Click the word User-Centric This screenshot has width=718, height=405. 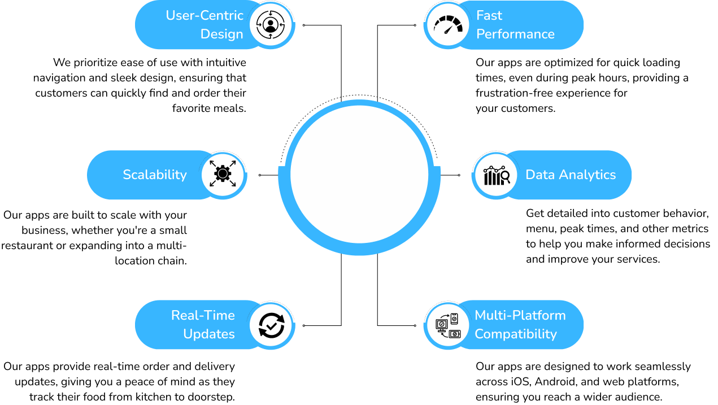(x=204, y=16)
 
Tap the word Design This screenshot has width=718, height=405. (x=221, y=34)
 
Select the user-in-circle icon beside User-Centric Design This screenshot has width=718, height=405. (x=270, y=25)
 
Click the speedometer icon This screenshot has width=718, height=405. (x=447, y=25)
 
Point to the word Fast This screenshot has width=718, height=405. (x=489, y=16)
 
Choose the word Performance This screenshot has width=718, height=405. (x=515, y=34)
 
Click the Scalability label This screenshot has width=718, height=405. (x=155, y=175)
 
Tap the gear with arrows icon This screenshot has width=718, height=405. (x=223, y=174)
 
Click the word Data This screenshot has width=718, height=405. (x=539, y=175)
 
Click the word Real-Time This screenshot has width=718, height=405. (x=203, y=315)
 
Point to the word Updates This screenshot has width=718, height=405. (x=209, y=334)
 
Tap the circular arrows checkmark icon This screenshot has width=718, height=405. (x=271, y=325)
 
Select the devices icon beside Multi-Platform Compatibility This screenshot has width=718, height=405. (x=448, y=325)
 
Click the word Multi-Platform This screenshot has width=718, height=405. (x=520, y=315)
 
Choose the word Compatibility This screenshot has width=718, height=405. (x=515, y=334)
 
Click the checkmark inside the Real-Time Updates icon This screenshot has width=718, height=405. (x=272, y=325)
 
